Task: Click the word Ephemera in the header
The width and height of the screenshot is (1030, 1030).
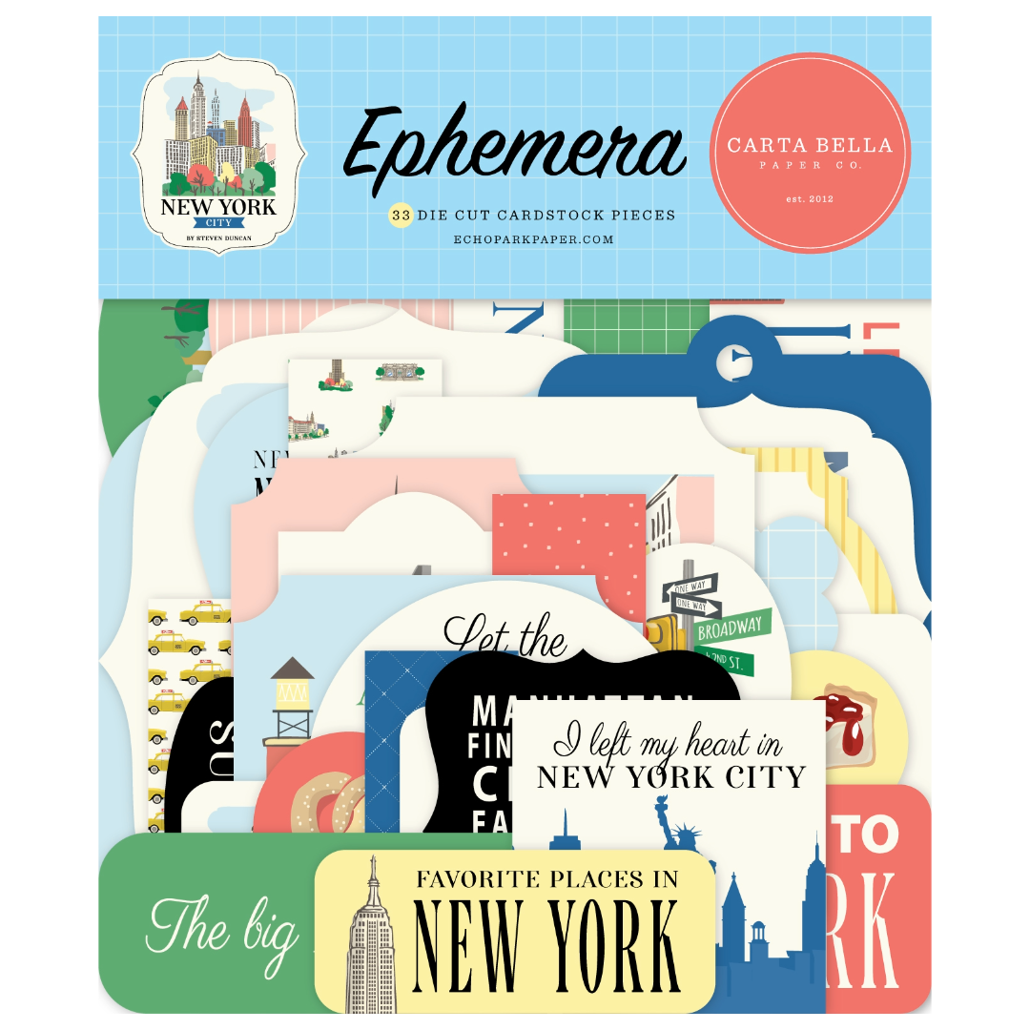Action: (515, 153)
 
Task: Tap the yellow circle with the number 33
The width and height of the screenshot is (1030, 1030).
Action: (400, 216)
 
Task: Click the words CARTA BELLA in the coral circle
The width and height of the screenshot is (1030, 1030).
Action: (810, 146)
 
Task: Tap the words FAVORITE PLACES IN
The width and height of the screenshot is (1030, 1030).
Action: (547, 878)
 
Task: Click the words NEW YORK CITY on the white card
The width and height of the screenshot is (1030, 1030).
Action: (670, 777)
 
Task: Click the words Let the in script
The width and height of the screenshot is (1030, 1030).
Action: (505, 637)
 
